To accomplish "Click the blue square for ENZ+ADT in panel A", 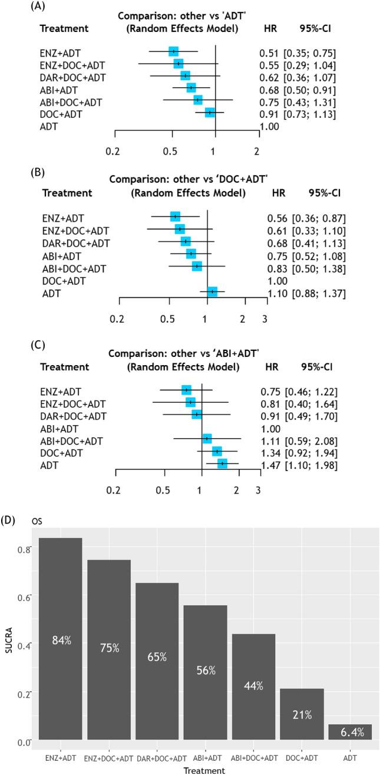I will coord(173,52).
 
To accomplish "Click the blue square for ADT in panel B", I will coord(212,291).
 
